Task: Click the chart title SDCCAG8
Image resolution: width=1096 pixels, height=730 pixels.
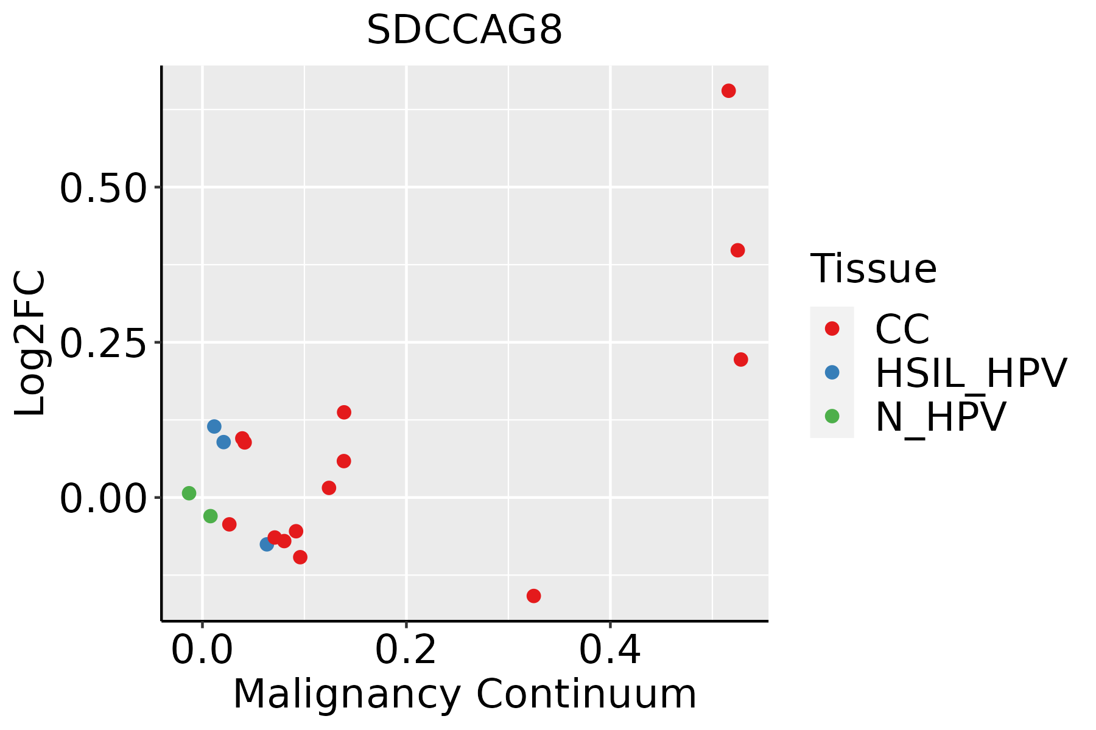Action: pyautogui.click(x=465, y=30)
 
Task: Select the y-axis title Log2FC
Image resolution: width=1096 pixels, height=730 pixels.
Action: pyautogui.click(x=30, y=343)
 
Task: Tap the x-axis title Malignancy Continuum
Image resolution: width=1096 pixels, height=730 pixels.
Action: pyautogui.click(x=465, y=694)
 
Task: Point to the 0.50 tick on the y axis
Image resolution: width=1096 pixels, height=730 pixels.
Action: pyautogui.click(x=104, y=187)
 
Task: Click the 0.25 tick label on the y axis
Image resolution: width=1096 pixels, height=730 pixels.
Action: pyautogui.click(x=104, y=343)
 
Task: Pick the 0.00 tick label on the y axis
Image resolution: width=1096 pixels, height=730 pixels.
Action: pyautogui.click(x=104, y=498)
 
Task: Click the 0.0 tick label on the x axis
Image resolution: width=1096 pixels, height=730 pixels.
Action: pyautogui.click(x=202, y=650)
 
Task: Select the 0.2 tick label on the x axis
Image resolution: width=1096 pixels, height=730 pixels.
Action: pyautogui.click(x=406, y=650)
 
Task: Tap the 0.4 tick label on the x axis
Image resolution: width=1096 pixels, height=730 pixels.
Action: pyautogui.click(x=609, y=650)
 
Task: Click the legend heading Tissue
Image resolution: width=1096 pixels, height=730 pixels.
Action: pyautogui.click(x=873, y=268)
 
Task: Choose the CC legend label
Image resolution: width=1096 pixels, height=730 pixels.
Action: pyautogui.click(x=902, y=329)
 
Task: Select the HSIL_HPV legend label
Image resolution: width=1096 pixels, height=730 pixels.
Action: pyautogui.click(x=971, y=373)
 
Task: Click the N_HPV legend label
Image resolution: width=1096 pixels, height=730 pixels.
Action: pyautogui.click(x=941, y=417)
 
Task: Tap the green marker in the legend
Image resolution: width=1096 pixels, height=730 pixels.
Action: pyautogui.click(x=832, y=416)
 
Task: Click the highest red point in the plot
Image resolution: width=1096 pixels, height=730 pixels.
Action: pyautogui.click(x=728, y=91)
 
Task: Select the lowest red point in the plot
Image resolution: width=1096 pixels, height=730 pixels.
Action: pyautogui.click(x=533, y=596)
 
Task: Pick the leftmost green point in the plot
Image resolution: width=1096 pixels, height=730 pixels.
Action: pyautogui.click(x=189, y=493)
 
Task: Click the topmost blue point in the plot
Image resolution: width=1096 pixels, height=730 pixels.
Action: pyautogui.click(x=214, y=426)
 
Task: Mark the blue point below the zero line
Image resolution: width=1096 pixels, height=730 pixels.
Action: pyautogui.click(x=267, y=544)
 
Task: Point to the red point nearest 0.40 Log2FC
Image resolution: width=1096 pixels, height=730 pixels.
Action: pyautogui.click(x=737, y=250)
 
